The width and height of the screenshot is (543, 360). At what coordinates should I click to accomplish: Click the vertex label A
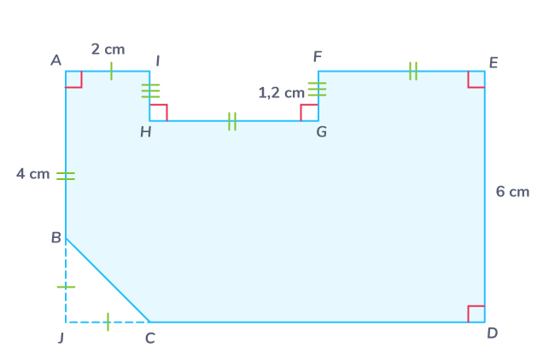tap(55, 60)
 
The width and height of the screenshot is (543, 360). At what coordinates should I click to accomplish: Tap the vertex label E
tap(493, 62)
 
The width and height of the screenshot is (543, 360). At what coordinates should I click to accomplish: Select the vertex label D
tap(493, 333)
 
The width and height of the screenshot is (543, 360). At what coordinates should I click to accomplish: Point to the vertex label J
tap(61, 338)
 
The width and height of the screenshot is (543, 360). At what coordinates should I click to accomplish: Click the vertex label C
tap(150, 339)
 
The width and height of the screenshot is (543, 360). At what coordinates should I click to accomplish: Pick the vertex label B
tap(55, 238)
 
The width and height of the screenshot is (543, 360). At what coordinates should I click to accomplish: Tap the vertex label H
tap(146, 131)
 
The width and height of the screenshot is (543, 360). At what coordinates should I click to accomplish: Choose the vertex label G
tap(321, 131)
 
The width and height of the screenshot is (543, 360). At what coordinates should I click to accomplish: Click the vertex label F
tap(318, 57)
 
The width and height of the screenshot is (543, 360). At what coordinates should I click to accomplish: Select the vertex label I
tap(157, 61)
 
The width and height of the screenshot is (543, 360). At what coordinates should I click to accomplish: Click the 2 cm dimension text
tap(108, 49)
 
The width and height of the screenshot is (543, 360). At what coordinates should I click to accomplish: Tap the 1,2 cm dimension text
tap(281, 92)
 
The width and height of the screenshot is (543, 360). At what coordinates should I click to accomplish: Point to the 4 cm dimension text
tap(33, 174)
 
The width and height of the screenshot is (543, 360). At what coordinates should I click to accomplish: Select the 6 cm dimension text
tap(512, 192)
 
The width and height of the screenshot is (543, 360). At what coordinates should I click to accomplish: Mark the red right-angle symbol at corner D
tap(476, 313)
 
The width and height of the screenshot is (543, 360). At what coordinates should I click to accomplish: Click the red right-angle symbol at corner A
tap(74, 79)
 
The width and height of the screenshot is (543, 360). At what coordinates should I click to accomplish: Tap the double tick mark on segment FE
tap(413, 71)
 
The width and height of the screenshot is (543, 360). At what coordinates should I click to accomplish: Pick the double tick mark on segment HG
tap(232, 121)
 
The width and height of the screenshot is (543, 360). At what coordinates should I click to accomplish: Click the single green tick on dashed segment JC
tap(108, 322)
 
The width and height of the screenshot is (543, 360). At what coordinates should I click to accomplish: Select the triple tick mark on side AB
tap(66, 176)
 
